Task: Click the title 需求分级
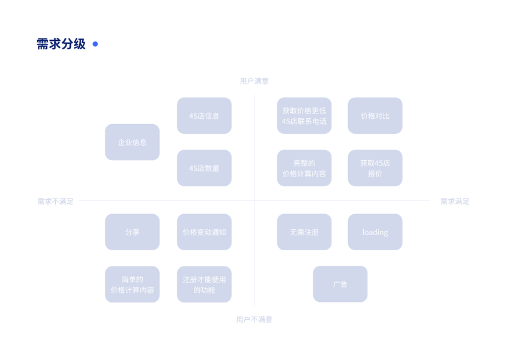[x=61, y=44]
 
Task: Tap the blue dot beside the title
[x=95, y=44]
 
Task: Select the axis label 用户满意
[x=254, y=81]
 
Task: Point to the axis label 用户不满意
[x=254, y=320]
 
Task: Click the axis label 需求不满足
[x=55, y=202]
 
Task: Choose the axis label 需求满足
[x=454, y=202]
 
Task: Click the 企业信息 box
[x=132, y=142]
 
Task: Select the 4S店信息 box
[x=204, y=116]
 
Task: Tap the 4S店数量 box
[x=204, y=168]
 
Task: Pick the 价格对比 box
[x=375, y=116]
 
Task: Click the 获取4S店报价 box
[x=375, y=168]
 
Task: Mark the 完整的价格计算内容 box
[x=304, y=168]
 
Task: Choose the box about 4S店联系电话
[x=304, y=116]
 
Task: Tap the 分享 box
[x=132, y=232]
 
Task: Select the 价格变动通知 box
[x=204, y=232]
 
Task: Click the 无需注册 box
[x=304, y=232]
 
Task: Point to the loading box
[x=375, y=232]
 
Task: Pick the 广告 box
[x=340, y=284]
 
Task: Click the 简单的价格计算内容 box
[x=132, y=284]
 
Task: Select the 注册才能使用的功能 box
[x=204, y=284]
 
